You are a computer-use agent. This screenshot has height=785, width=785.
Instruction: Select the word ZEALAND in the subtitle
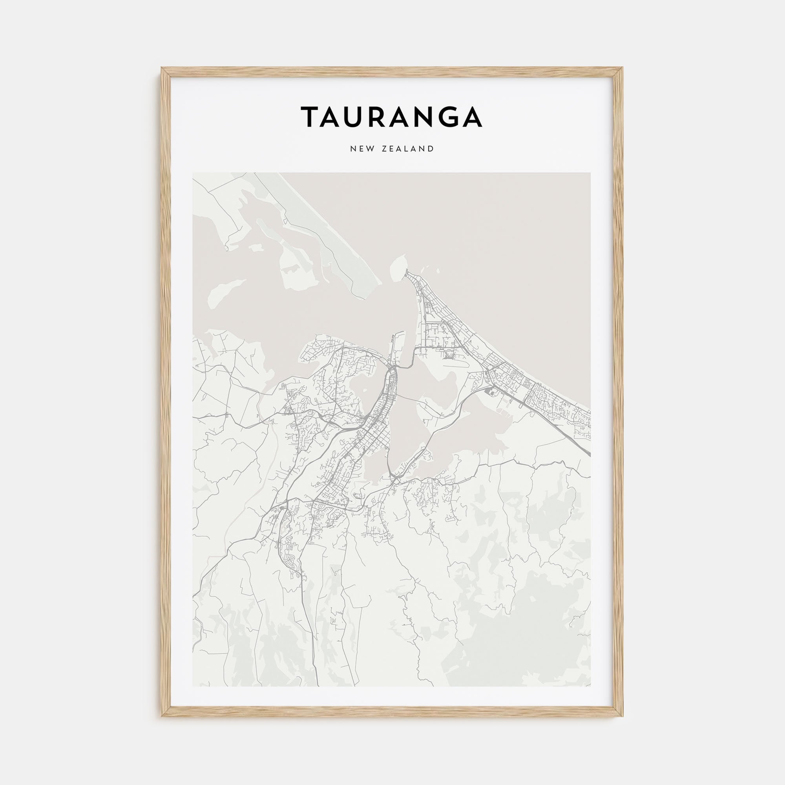click(408, 149)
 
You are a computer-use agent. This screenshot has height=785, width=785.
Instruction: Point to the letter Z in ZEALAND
click(384, 149)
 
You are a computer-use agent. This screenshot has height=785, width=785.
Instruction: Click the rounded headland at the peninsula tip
click(398, 266)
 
